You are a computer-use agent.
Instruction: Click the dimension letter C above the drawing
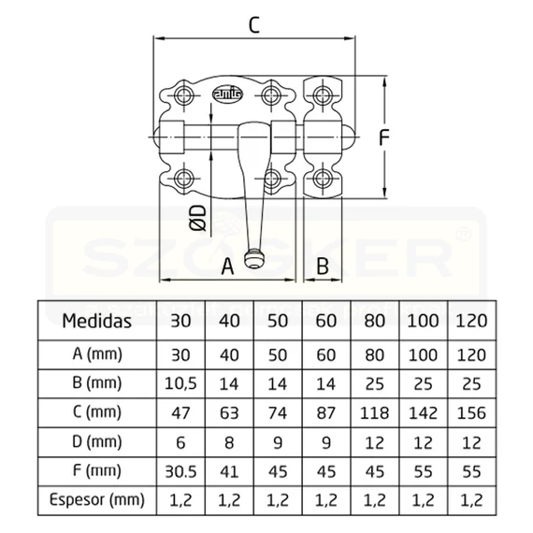(254, 25)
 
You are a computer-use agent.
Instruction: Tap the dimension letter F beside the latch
(383, 138)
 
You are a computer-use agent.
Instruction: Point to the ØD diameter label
(198, 218)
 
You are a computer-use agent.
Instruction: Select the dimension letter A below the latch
(227, 266)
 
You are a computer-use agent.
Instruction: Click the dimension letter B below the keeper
(323, 266)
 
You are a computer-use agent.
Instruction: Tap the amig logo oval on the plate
(227, 94)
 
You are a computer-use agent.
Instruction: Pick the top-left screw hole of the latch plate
(184, 94)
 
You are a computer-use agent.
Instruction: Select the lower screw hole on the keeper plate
(323, 178)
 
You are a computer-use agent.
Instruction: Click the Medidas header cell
(97, 321)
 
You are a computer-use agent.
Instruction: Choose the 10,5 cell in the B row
(180, 383)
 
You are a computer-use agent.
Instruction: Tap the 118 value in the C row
(374, 413)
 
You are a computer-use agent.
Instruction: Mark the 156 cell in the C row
(471, 413)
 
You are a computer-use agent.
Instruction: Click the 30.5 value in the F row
(180, 471)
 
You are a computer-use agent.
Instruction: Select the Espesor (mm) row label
(97, 499)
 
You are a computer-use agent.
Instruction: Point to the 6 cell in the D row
(180, 442)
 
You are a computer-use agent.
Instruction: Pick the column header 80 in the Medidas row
(374, 321)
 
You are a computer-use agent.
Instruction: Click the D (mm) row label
(97, 442)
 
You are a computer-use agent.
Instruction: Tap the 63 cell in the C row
(229, 413)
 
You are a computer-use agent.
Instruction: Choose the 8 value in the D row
(229, 442)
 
